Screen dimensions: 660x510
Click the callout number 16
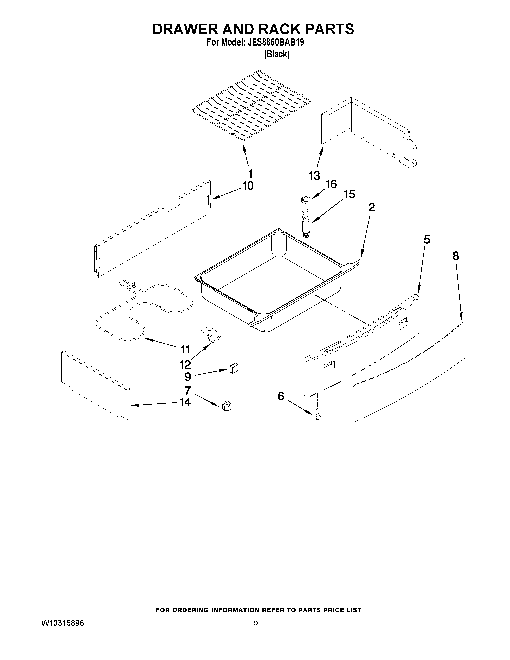pyautogui.click(x=331, y=184)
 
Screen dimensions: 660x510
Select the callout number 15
pyautogui.click(x=349, y=194)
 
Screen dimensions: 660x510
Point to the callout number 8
pyautogui.click(x=456, y=256)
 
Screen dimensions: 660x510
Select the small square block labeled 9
pyautogui.click(x=234, y=368)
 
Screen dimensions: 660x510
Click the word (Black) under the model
pyautogui.click(x=276, y=54)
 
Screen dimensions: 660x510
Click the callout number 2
pyautogui.click(x=371, y=207)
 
